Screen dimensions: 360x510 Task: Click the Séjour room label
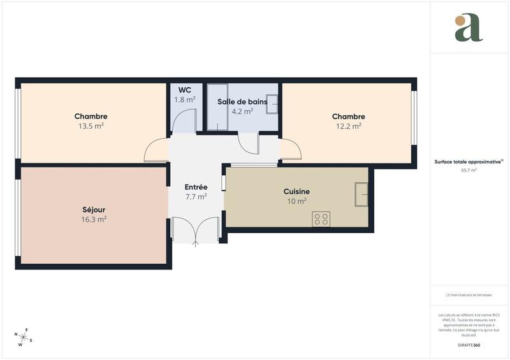[x=94, y=210]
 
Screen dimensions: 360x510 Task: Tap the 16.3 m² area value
[x=94, y=219]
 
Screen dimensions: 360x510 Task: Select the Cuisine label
[x=296, y=191]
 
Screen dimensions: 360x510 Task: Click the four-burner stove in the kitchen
[x=321, y=219]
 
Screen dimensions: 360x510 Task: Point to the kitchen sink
[x=361, y=194]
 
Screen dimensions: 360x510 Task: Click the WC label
[x=185, y=90]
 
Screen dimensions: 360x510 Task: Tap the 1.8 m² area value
[x=185, y=100]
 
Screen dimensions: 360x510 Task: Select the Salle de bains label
[x=242, y=101]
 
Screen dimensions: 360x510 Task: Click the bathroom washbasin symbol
[x=272, y=103]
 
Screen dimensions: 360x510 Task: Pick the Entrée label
[x=196, y=187]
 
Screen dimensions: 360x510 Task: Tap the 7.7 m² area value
[x=196, y=197]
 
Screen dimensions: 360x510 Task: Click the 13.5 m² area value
[x=91, y=126]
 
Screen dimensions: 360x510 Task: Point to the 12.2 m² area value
[x=348, y=126]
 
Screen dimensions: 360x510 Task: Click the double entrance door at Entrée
[x=196, y=231]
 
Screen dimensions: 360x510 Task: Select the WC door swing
[x=186, y=121]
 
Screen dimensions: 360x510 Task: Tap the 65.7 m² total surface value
[x=469, y=171]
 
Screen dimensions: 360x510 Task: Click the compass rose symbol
[x=24, y=338]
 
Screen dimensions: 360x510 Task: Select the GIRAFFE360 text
[x=469, y=345]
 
